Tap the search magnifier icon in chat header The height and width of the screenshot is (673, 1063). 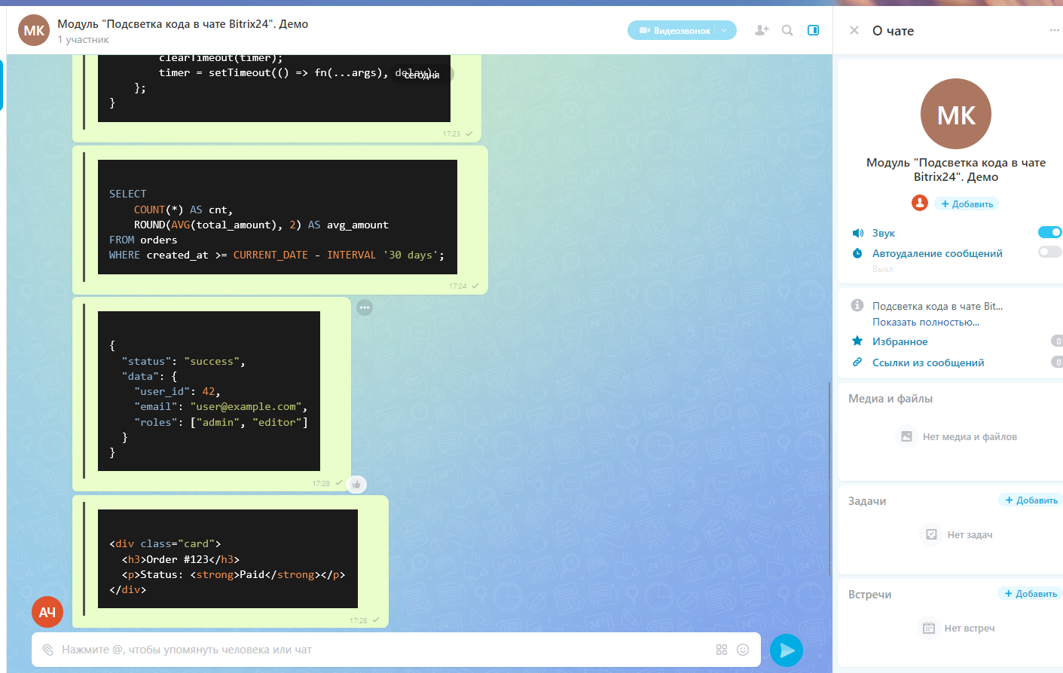pos(787,31)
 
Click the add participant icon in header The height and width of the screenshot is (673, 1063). pos(762,31)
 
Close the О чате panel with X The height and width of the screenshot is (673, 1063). pos(854,31)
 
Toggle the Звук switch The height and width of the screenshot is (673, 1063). pos(1049,232)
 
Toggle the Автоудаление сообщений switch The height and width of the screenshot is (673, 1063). pos(1049,252)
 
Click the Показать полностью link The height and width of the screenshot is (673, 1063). pos(926,323)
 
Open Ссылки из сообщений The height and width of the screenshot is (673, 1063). pos(928,363)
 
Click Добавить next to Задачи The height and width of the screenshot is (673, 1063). pos(1031,500)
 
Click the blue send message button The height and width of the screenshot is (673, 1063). pos(787,650)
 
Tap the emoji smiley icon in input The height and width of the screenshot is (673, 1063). pos(743,650)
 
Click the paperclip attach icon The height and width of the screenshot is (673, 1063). pos(48,650)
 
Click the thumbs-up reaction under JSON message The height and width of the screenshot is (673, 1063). pos(356,485)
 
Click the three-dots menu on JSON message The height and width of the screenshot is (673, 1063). pos(365,307)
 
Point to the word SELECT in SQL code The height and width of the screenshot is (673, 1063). pos(127,194)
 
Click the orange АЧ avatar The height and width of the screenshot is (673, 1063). pos(47,612)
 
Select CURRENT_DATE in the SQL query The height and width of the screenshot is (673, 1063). pos(270,255)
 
